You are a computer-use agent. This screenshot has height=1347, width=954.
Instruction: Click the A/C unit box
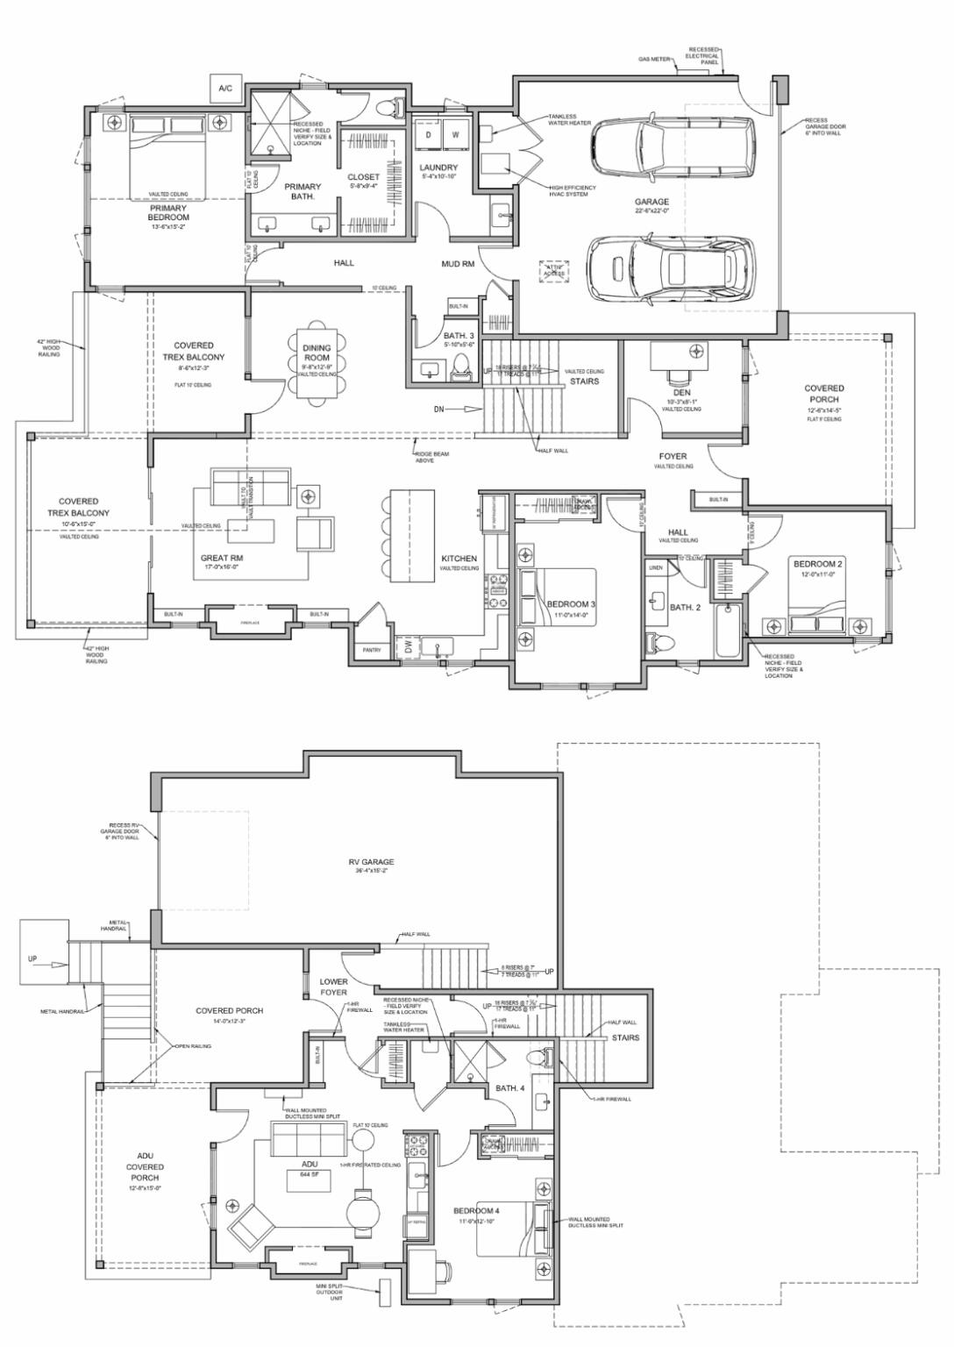(224, 89)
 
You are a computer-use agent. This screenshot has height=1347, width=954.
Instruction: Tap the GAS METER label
(654, 60)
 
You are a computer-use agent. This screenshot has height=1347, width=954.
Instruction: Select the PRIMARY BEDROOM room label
(168, 213)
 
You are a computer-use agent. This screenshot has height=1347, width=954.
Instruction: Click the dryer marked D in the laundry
(429, 135)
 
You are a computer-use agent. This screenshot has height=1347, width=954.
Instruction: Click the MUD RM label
(457, 263)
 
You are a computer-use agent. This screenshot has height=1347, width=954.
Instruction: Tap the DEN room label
(681, 393)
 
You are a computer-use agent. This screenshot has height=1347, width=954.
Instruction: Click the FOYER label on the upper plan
(673, 456)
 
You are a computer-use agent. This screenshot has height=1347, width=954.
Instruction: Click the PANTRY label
(372, 650)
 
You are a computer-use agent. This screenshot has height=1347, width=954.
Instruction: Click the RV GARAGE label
(371, 862)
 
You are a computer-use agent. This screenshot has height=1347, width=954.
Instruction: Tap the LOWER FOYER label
(333, 987)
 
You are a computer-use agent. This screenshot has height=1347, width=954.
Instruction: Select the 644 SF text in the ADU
(309, 1173)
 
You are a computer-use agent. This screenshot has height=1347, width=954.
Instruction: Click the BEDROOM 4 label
(476, 1211)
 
